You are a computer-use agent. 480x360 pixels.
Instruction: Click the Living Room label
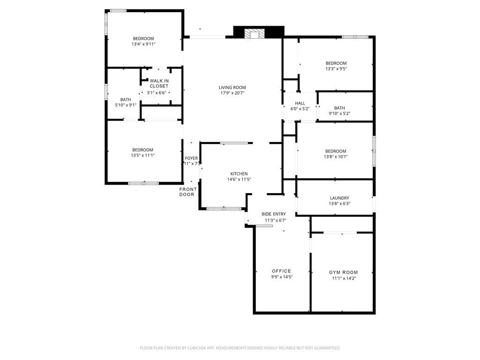click(x=232, y=87)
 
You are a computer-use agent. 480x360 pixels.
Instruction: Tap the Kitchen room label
click(x=239, y=173)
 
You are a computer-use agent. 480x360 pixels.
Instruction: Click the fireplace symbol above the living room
click(x=255, y=33)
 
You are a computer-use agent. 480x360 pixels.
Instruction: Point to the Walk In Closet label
click(x=159, y=83)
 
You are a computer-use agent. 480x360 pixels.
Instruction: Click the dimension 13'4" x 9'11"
click(x=143, y=44)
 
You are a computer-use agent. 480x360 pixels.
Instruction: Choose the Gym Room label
click(x=343, y=272)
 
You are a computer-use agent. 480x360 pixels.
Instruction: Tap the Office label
click(x=281, y=271)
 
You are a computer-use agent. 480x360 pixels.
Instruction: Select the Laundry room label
click(x=339, y=198)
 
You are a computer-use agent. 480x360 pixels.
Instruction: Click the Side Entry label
click(x=273, y=214)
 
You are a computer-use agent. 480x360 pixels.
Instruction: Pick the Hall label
click(x=300, y=103)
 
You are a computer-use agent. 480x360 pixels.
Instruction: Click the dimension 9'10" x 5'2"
click(x=339, y=113)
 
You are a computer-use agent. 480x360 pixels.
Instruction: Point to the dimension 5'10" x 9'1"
click(x=126, y=105)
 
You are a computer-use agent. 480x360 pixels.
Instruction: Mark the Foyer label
click(x=191, y=158)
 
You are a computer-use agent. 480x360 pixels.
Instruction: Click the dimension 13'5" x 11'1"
click(x=143, y=155)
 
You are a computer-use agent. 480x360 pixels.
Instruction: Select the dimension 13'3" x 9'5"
click(x=336, y=68)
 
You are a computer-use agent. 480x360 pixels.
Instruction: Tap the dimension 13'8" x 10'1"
click(x=336, y=157)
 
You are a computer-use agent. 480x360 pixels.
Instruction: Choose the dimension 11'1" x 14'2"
click(x=343, y=278)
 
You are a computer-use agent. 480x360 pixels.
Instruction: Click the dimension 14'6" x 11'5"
click(x=239, y=179)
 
